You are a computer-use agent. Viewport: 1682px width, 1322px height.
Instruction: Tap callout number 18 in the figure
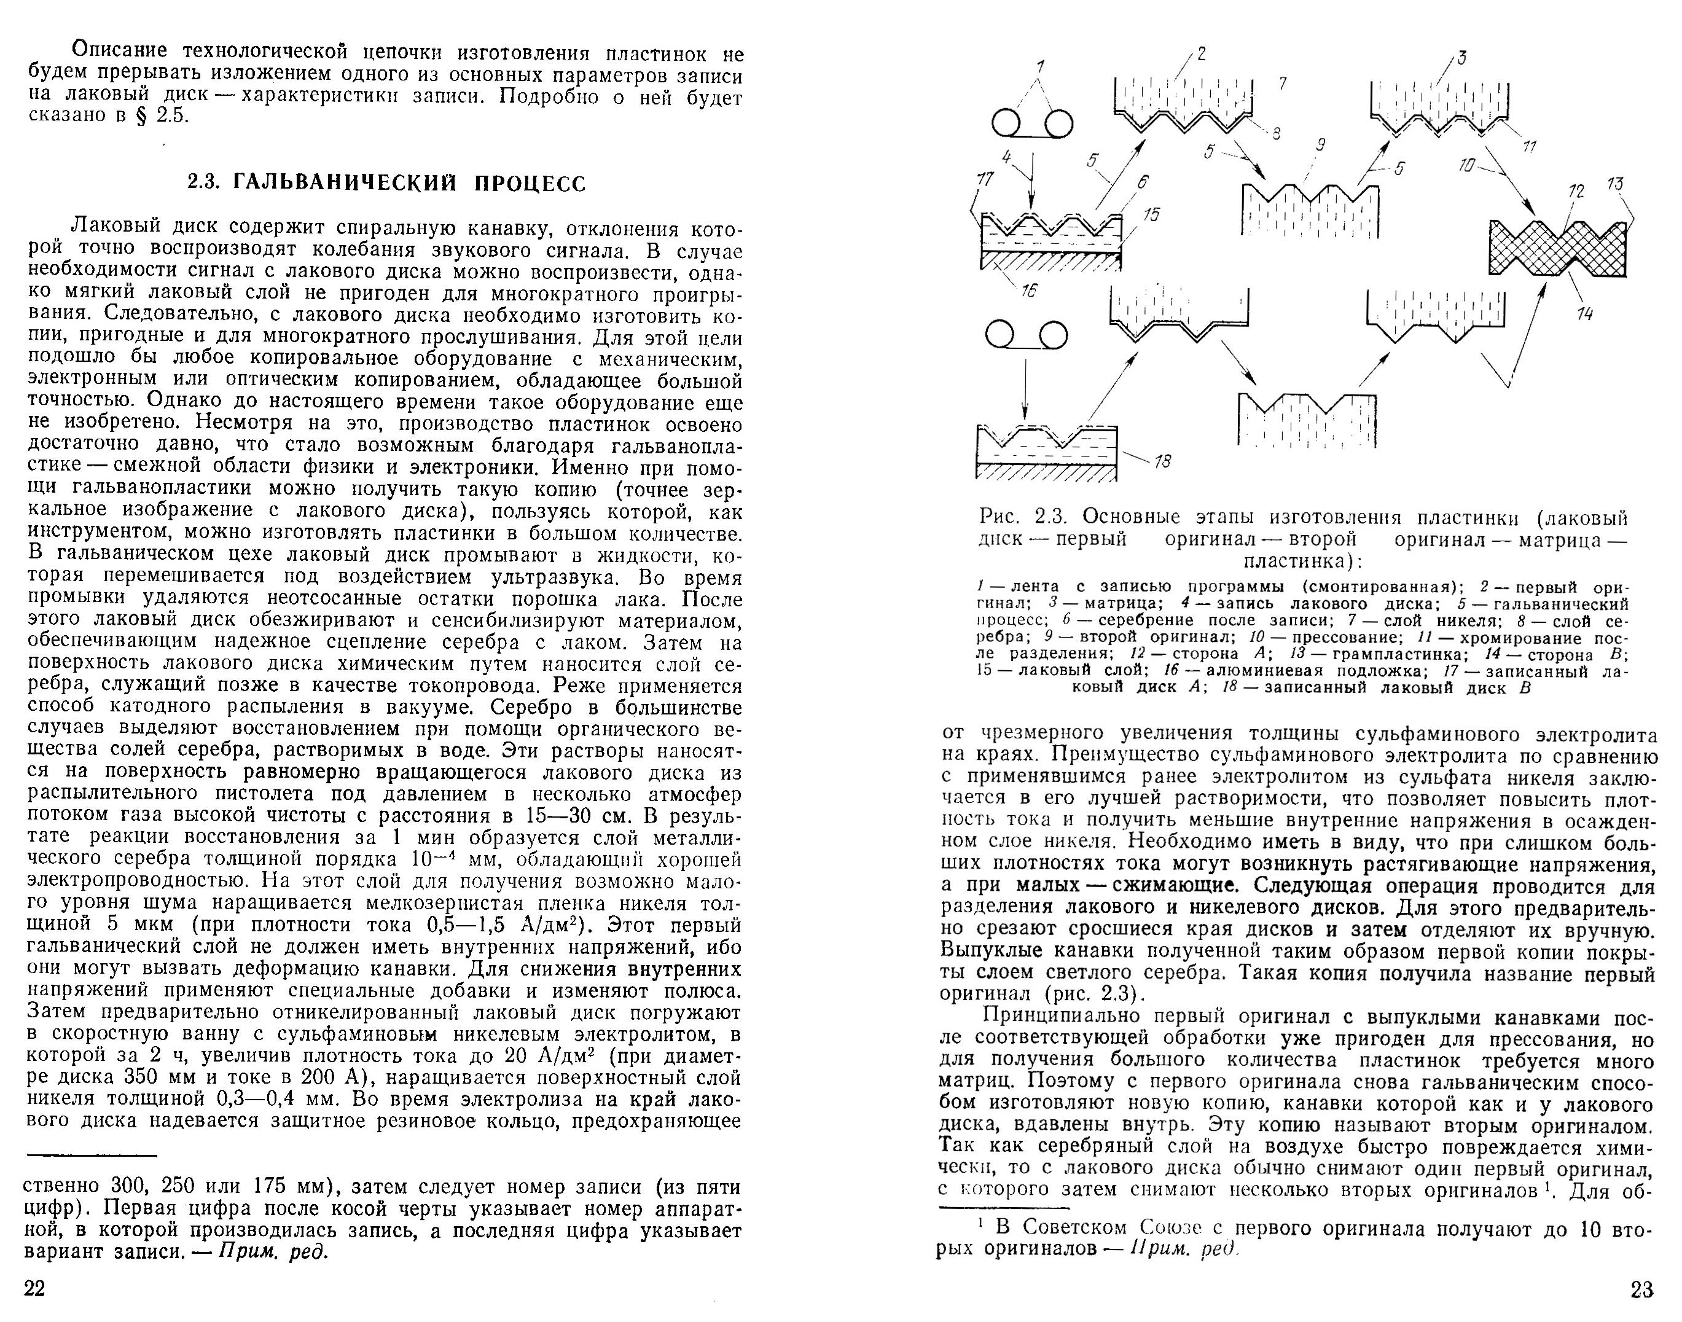pos(1163,461)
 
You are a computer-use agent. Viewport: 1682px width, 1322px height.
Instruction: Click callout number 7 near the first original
pos(1283,83)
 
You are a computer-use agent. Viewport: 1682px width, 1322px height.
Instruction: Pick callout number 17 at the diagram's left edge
pos(985,179)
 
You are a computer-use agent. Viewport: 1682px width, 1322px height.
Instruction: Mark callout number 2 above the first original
pos(1202,53)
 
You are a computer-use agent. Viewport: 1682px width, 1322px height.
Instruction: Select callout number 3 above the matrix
pos(1461,57)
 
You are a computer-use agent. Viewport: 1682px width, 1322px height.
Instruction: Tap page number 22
pos(36,1288)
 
